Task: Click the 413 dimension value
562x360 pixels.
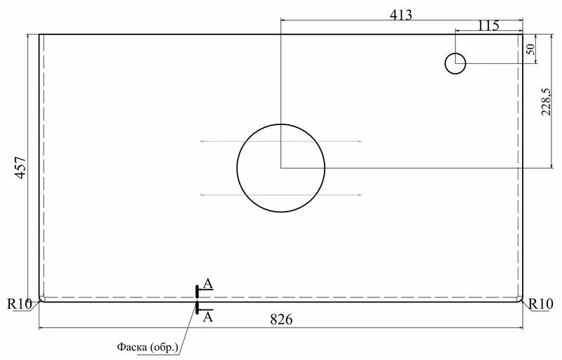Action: coord(401,15)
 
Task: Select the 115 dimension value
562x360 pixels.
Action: coord(488,25)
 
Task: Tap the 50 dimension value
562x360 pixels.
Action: coord(531,49)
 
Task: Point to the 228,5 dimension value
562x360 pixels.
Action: coord(547,102)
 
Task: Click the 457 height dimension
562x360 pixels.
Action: coord(21,167)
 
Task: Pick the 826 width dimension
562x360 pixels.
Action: coord(282,319)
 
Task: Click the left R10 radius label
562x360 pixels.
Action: coord(20,304)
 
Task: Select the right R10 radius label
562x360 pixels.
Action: coord(541,304)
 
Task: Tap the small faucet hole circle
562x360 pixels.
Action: coord(455,53)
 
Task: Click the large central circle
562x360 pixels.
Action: coord(281,124)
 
